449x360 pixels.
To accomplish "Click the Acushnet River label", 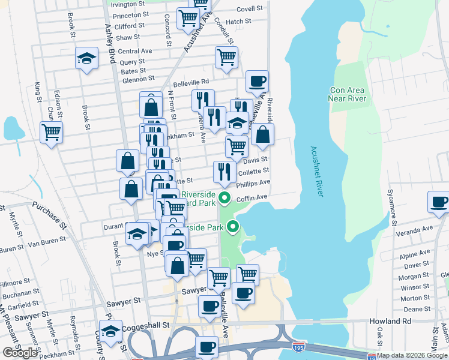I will pyautogui.click(x=317, y=172).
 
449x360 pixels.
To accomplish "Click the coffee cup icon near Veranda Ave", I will pyautogui.click(x=438, y=202).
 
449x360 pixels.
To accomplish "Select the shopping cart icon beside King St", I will pyautogui.click(x=51, y=131).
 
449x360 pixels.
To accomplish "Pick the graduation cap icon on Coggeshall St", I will pyautogui.click(x=110, y=331).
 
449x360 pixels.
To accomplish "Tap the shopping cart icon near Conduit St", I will pyautogui.click(x=227, y=58).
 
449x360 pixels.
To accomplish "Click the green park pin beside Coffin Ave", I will pyautogui.click(x=225, y=198).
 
